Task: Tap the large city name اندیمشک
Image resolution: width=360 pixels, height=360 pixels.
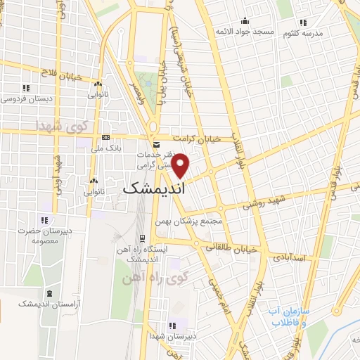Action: coord(153,188)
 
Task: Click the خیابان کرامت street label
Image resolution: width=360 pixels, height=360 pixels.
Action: coord(197,139)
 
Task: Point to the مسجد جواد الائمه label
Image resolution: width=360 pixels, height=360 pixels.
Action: coord(243,32)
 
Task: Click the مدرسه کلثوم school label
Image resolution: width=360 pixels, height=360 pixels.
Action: coord(302,33)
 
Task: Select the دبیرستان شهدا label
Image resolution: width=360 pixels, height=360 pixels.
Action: coord(171,337)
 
